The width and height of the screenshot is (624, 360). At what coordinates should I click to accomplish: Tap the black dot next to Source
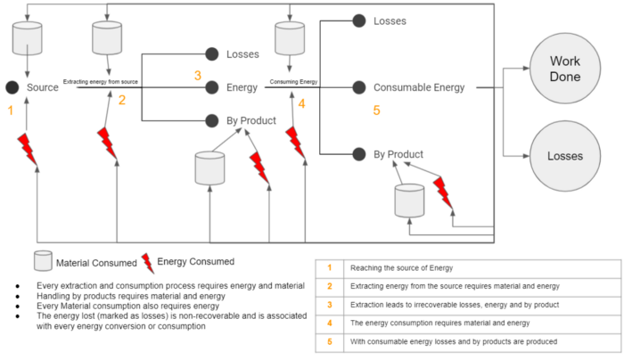[12, 87]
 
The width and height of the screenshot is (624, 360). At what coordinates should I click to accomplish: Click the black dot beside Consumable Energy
[359, 87]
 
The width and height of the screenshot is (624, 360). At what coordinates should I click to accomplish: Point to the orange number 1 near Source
[11, 111]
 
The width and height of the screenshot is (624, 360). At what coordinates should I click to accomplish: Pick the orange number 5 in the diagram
[376, 111]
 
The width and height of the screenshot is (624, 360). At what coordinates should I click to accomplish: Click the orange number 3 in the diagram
[197, 76]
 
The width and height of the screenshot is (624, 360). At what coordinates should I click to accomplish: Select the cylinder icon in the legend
[43, 261]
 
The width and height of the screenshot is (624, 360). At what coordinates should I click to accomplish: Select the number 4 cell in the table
[329, 323]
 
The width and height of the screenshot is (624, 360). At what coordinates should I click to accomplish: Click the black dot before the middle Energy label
[212, 87]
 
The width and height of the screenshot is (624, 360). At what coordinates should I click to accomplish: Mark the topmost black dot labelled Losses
[359, 20]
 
